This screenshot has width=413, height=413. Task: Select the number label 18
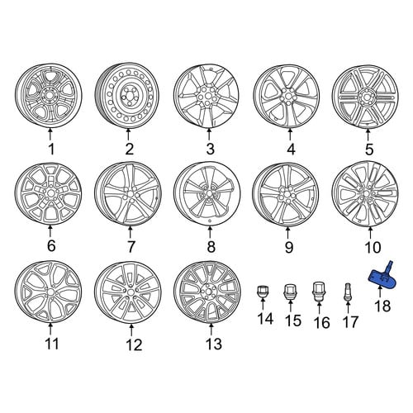(x=383, y=306)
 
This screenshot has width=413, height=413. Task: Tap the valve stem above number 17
(x=348, y=292)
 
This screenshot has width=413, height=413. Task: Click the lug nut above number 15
(x=290, y=292)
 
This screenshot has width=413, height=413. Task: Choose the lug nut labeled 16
(x=319, y=292)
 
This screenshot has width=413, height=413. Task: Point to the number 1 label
(x=51, y=150)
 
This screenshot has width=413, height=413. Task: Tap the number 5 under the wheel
(x=369, y=150)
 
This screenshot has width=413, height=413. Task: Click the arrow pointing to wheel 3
(x=209, y=135)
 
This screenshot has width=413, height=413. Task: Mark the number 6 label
(x=51, y=245)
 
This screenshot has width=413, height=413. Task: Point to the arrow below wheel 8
(x=210, y=231)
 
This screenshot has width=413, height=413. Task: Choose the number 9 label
(x=289, y=247)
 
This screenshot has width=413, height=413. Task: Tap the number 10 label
(x=373, y=247)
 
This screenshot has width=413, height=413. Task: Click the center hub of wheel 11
(x=50, y=292)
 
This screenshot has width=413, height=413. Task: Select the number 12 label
(x=134, y=344)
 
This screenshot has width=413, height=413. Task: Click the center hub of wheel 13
(x=208, y=292)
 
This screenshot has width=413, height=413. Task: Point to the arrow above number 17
(x=348, y=307)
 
